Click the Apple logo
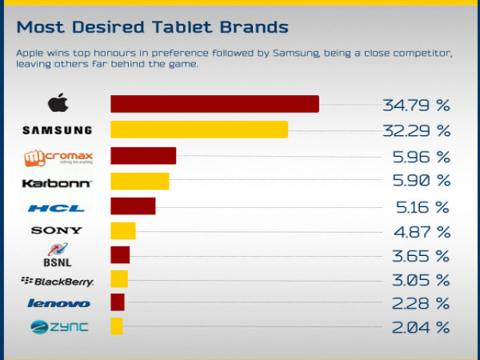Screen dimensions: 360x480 (x=57, y=104)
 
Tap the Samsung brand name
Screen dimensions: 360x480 (x=58, y=130)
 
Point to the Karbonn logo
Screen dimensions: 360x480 (x=57, y=183)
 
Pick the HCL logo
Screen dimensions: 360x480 (x=56, y=209)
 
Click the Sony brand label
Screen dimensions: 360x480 (x=57, y=231)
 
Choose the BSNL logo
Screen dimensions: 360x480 (x=56, y=255)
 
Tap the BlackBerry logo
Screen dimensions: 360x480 (x=57, y=281)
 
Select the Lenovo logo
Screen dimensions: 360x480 (x=58, y=303)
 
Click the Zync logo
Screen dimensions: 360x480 (x=58, y=326)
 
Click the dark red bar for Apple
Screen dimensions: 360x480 (x=214, y=104)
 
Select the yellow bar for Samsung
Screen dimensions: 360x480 (x=199, y=130)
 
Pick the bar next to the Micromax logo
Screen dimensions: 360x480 (x=143, y=156)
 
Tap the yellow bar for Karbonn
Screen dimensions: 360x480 (x=140, y=181)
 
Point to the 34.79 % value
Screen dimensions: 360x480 (x=416, y=105)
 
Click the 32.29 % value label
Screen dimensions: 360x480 (x=416, y=130)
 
